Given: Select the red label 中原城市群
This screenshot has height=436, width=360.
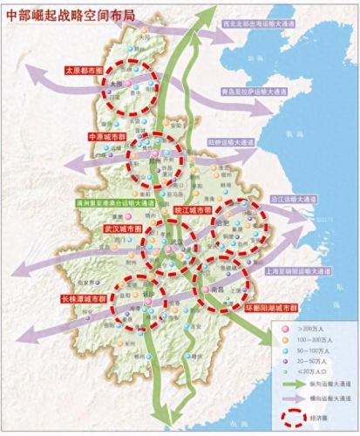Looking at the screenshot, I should click(108, 137).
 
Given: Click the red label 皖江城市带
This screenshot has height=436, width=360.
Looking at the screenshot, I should click(193, 210).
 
